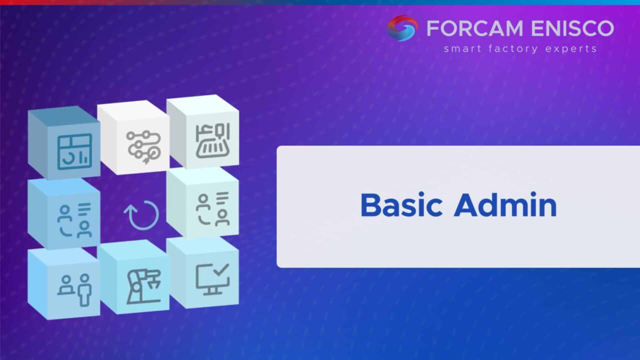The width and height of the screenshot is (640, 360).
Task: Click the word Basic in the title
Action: coord(401,205)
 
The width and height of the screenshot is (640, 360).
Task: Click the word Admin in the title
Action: coord(505,205)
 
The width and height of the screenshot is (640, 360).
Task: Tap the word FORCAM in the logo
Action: coord(475,28)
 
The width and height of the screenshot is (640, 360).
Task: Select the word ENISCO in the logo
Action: coord(572,28)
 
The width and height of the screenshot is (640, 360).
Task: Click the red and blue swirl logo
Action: coord(402,28)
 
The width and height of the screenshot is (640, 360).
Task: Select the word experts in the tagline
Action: coord(571,49)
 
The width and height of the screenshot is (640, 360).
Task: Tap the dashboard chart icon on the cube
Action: coord(74,151)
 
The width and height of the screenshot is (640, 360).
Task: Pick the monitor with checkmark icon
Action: coord(212,279)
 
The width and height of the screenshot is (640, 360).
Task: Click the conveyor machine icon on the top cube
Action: coord(213,141)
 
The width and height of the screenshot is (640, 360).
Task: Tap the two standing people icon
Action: coord(74,289)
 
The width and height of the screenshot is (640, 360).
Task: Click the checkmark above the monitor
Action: coord(221,269)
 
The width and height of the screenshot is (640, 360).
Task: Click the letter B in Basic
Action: coord(370,205)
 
